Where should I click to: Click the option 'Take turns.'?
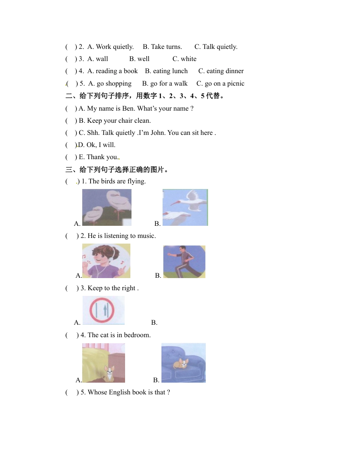click(x=162, y=47)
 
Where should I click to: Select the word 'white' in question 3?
click(x=188, y=59)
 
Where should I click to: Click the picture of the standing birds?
click(x=107, y=207)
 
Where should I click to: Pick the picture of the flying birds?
click(x=185, y=207)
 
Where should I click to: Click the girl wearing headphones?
click(x=106, y=261)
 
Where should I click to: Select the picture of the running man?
click(x=184, y=261)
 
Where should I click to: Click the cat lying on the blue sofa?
click(x=181, y=364)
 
